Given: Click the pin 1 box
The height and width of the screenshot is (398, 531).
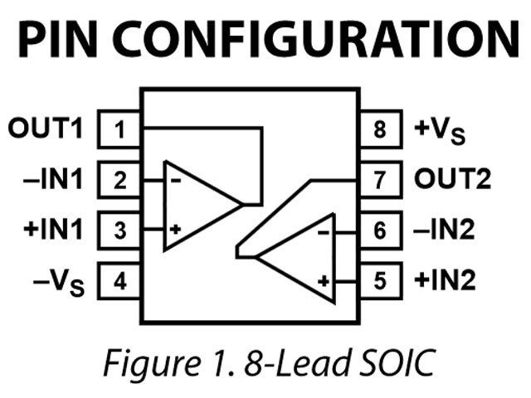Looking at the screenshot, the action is click(x=119, y=129).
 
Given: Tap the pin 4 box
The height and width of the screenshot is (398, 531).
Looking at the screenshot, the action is click(x=119, y=281).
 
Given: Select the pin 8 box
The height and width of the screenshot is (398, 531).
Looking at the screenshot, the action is click(x=382, y=129).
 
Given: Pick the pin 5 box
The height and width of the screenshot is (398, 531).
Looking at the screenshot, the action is click(x=382, y=281).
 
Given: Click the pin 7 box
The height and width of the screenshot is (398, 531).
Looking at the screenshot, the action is click(x=382, y=180).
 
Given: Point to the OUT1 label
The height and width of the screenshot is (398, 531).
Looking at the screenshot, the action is click(x=46, y=128).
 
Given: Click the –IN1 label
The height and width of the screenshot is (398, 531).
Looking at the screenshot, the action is click(x=53, y=179).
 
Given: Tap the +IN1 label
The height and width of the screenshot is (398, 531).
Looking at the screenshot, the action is click(x=53, y=230).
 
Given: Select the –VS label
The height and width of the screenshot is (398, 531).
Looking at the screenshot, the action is click(x=59, y=283).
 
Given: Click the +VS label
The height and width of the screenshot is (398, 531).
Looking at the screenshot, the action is click(x=440, y=131).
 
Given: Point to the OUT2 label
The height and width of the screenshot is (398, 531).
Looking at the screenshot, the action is click(x=452, y=179).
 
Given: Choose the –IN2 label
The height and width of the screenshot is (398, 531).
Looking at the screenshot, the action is click(x=444, y=230).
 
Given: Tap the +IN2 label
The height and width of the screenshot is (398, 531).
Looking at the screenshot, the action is click(x=445, y=280).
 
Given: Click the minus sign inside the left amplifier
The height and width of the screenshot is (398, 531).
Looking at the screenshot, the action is click(x=176, y=181).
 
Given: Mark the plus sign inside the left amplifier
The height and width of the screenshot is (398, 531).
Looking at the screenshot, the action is click(x=175, y=230).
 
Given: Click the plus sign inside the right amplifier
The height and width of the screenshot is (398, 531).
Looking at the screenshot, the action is click(x=324, y=281).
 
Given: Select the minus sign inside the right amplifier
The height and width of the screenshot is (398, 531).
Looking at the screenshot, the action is click(x=324, y=232).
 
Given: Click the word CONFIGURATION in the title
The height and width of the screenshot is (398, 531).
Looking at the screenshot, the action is click(x=315, y=39).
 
